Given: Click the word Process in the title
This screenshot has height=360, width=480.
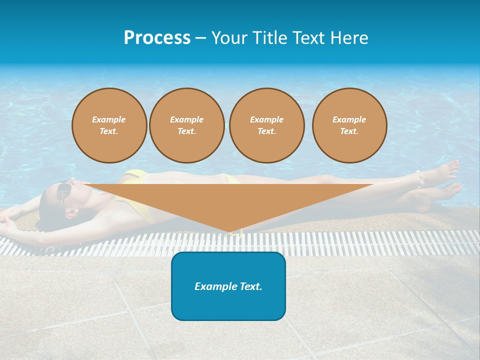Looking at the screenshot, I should pyautogui.click(x=157, y=38).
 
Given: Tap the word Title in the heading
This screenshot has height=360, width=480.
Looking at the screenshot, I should pyautogui.click(x=268, y=38).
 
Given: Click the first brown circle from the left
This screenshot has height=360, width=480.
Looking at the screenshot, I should pyautogui.click(x=109, y=125).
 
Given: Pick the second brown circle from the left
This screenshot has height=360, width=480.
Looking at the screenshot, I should pyautogui.click(x=187, y=125).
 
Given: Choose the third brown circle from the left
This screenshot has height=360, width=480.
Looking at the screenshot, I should pyautogui.click(x=266, y=125).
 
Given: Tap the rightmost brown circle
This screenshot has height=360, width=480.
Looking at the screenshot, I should pyautogui.click(x=349, y=125).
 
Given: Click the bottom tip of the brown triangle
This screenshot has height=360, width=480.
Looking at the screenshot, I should pyautogui.click(x=229, y=232).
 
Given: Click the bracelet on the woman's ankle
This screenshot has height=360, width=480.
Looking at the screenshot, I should pyautogui.click(x=419, y=178).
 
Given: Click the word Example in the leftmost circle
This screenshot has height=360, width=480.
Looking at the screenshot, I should pyautogui.click(x=109, y=119).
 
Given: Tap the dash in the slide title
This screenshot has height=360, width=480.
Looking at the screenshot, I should pyautogui.click(x=200, y=38).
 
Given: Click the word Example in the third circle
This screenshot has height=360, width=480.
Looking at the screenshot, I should pyautogui.click(x=266, y=119).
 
